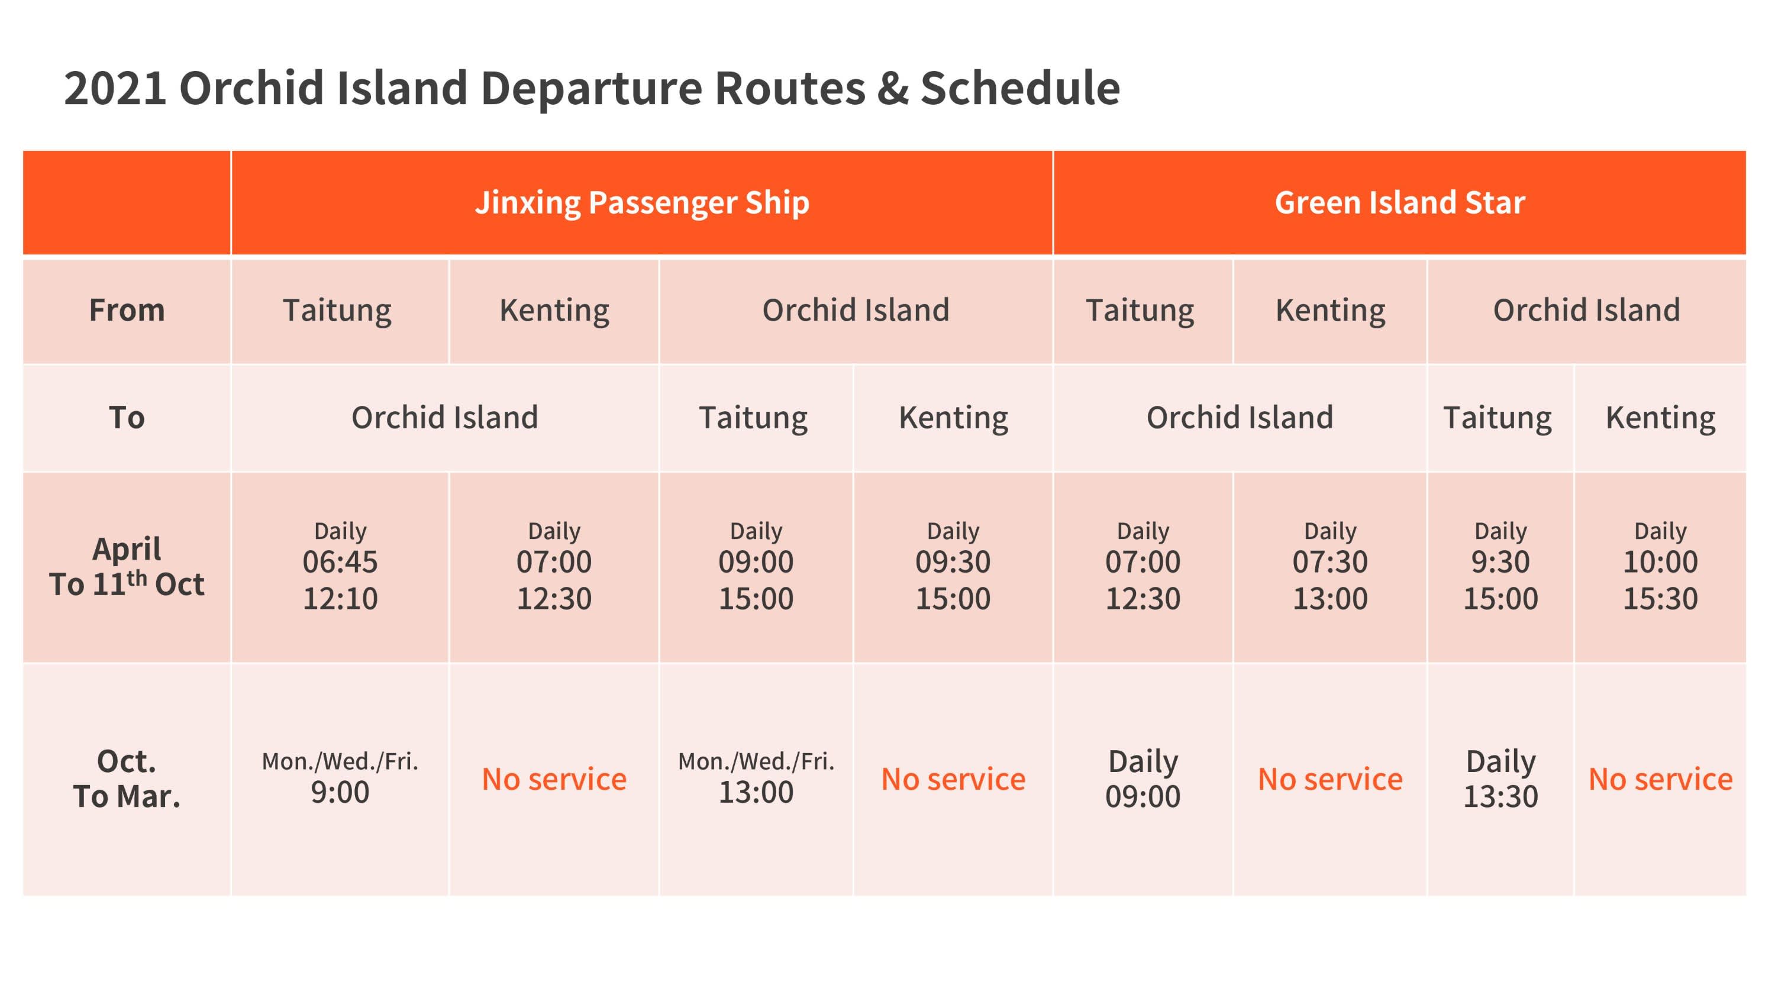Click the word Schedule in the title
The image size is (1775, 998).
coord(1020,88)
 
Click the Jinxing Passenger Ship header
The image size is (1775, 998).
coord(642,202)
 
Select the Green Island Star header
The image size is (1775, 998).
coord(1399,202)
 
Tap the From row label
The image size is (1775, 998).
coord(127,310)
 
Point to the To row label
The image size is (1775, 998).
coord(127,418)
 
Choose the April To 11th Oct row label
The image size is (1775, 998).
coord(127,566)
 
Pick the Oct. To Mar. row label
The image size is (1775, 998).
coord(127,779)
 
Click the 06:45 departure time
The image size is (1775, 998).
coord(340,562)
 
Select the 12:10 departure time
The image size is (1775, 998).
coord(340,599)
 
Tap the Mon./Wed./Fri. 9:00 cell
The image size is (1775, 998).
coord(340,777)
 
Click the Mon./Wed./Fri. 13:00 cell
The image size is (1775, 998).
coord(756,777)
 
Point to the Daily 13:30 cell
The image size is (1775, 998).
coord(1500,779)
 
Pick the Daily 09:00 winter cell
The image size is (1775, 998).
coord(1143,779)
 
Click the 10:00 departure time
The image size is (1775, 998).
coord(1661,562)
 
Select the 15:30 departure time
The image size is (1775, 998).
coord(1661,599)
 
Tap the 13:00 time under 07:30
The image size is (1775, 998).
coord(1330,599)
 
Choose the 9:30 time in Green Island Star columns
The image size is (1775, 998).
coord(1500,562)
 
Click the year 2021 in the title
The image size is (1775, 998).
coord(115,88)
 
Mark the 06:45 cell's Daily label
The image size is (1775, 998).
coord(340,531)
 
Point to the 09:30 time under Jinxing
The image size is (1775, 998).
coord(953,562)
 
